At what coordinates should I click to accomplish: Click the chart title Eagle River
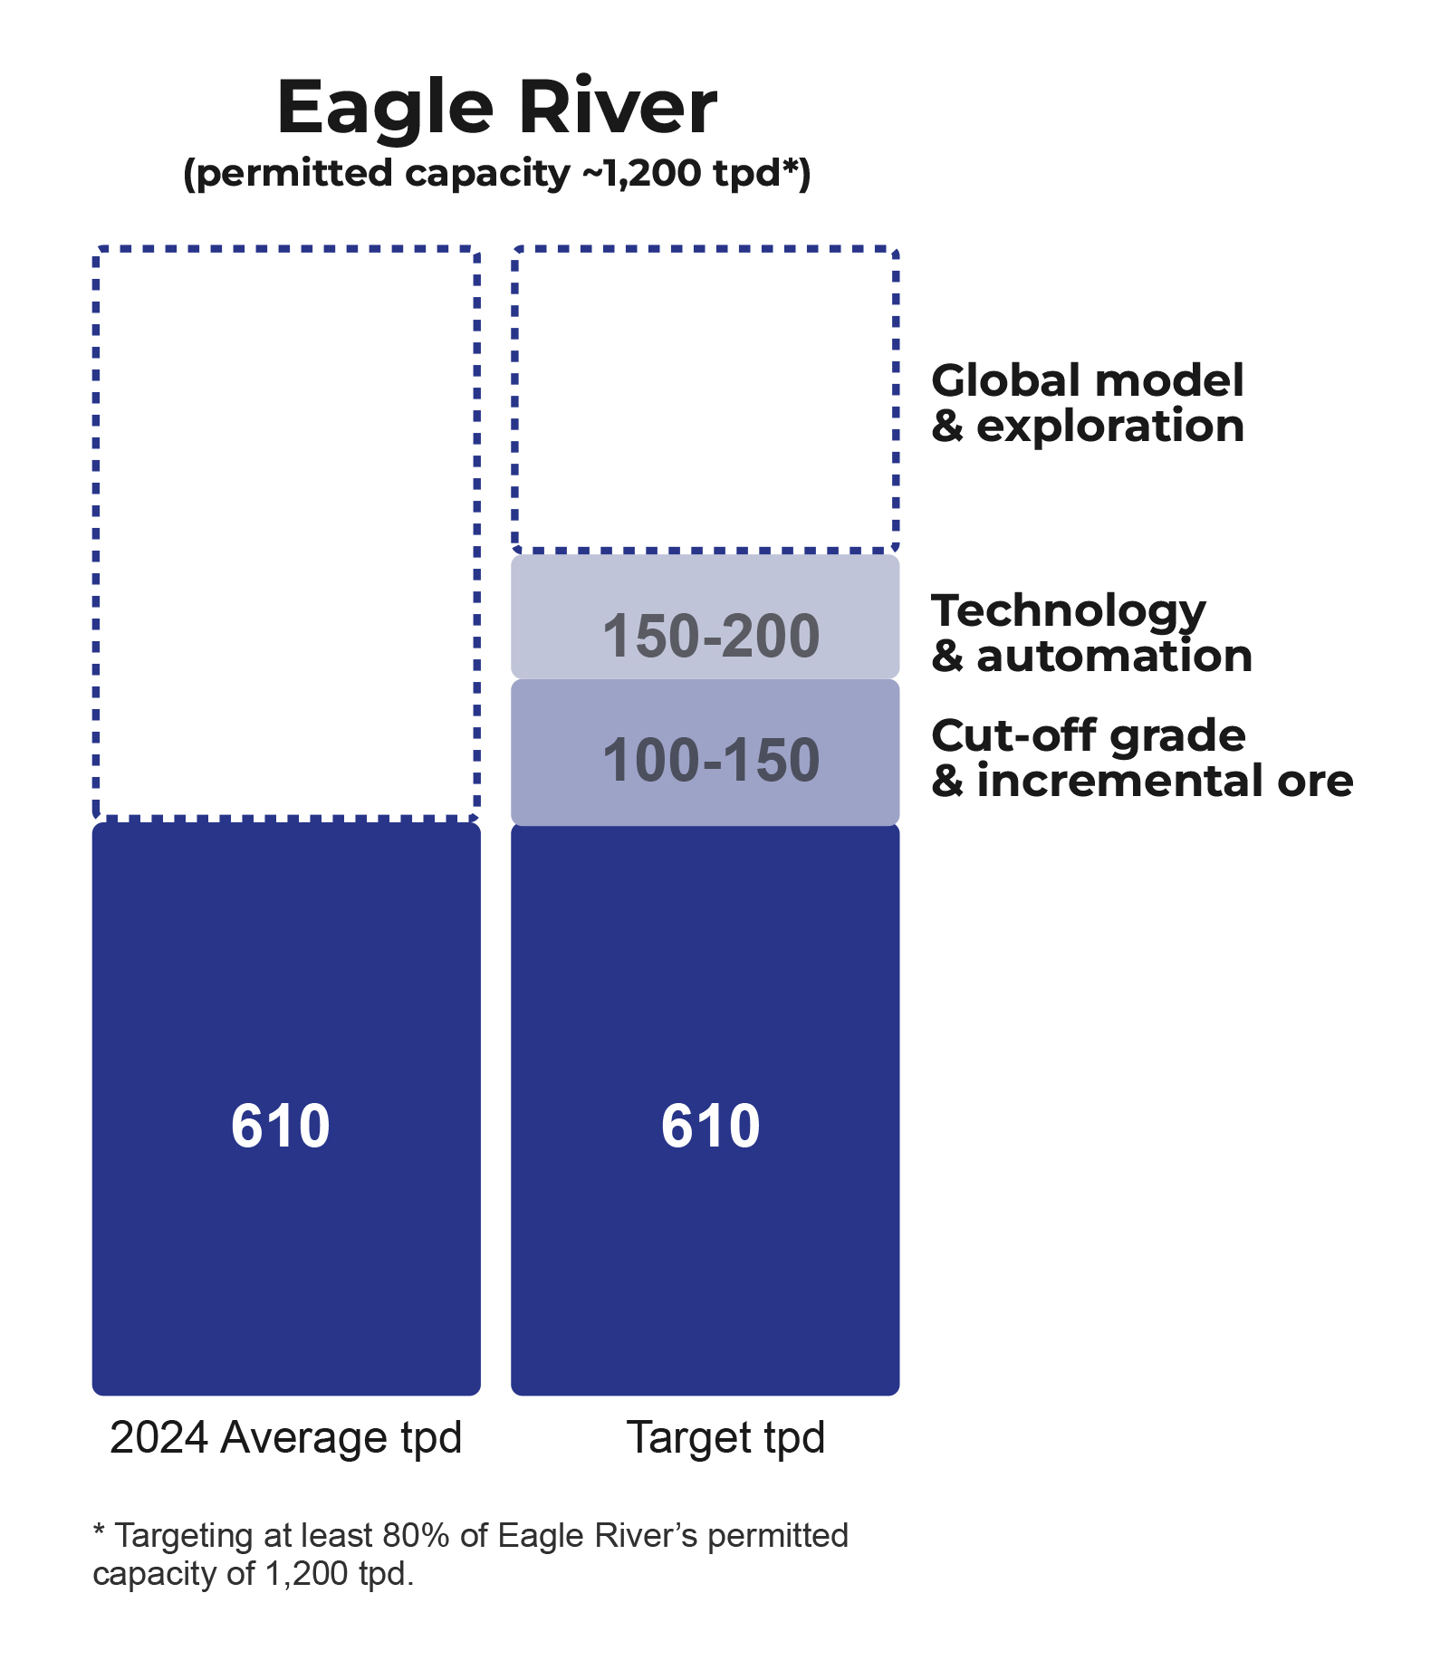(x=496, y=108)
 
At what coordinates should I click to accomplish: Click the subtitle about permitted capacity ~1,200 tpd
(x=496, y=173)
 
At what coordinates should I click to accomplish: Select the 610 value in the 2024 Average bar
(x=281, y=1126)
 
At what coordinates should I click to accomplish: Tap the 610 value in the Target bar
(x=711, y=1126)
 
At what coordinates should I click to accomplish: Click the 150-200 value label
(x=711, y=636)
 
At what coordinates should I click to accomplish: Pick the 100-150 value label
(x=711, y=760)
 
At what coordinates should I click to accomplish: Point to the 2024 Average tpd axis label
(x=285, y=1437)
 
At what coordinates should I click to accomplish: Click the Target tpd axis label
(x=725, y=1437)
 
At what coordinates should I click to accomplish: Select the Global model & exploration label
(x=1087, y=403)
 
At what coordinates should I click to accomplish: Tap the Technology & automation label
(x=1091, y=633)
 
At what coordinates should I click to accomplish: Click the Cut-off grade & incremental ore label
(x=1141, y=758)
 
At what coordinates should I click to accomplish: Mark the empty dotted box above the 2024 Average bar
(x=286, y=533)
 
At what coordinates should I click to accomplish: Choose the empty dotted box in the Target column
(x=706, y=398)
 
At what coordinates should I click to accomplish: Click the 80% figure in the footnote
(x=416, y=1536)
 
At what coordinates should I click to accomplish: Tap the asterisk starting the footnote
(x=99, y=1532)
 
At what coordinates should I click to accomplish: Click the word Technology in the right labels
(x=1069, y=611)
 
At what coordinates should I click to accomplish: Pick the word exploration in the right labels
(x=1109, y=426)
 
